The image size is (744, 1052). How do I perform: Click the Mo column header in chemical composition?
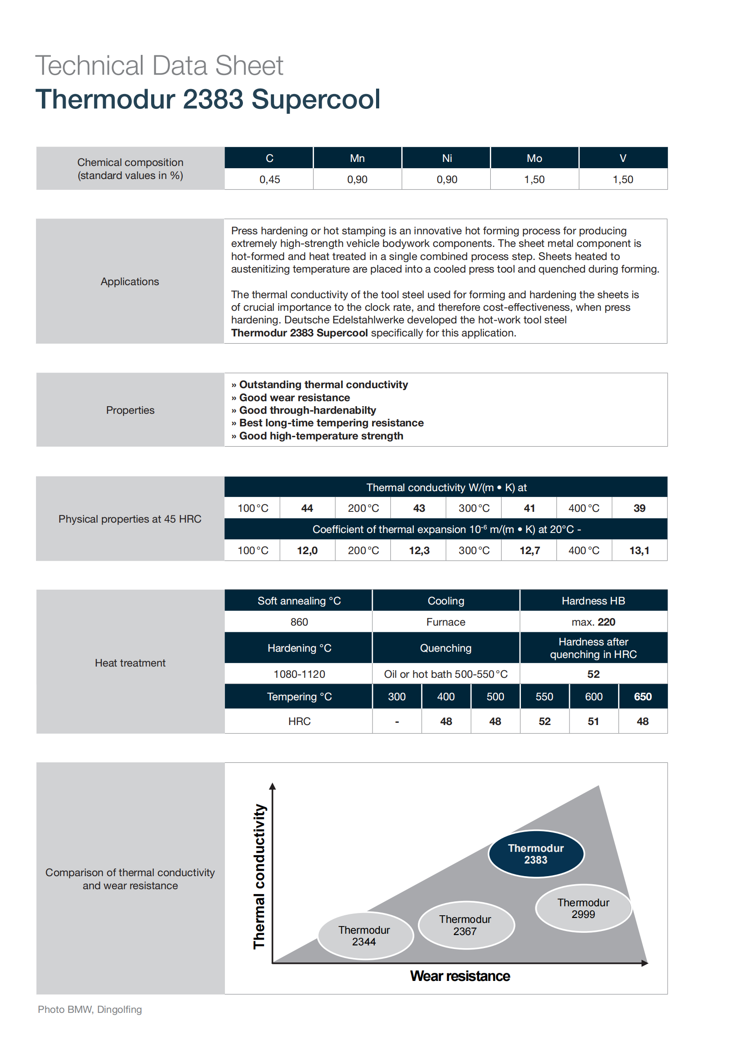(534, 158)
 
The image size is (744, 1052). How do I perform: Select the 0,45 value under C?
(269, 179)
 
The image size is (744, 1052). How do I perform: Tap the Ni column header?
(447, 158)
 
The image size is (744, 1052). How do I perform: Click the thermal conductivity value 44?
(307, 508)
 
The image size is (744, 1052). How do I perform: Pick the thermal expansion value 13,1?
(639, 550)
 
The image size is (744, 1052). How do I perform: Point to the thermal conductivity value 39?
(639, 508)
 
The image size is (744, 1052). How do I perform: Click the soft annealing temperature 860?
(299, 622)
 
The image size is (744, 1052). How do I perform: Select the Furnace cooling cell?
(446, 622)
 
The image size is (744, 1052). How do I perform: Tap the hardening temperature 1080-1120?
(299, 674)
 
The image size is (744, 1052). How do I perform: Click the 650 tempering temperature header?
(642, 696)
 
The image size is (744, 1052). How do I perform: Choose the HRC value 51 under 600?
(593, 721)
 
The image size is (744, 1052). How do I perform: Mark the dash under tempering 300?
(397, 721)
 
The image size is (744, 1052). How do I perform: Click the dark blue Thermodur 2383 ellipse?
(536, 854)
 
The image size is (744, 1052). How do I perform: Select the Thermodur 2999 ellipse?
(583, 908)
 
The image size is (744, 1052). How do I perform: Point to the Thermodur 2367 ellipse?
(465, 925)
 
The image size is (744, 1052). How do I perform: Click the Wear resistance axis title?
(460, 976)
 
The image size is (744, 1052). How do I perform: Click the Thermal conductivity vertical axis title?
(259, 876)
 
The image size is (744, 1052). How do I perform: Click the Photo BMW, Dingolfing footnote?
(90, 1009)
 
